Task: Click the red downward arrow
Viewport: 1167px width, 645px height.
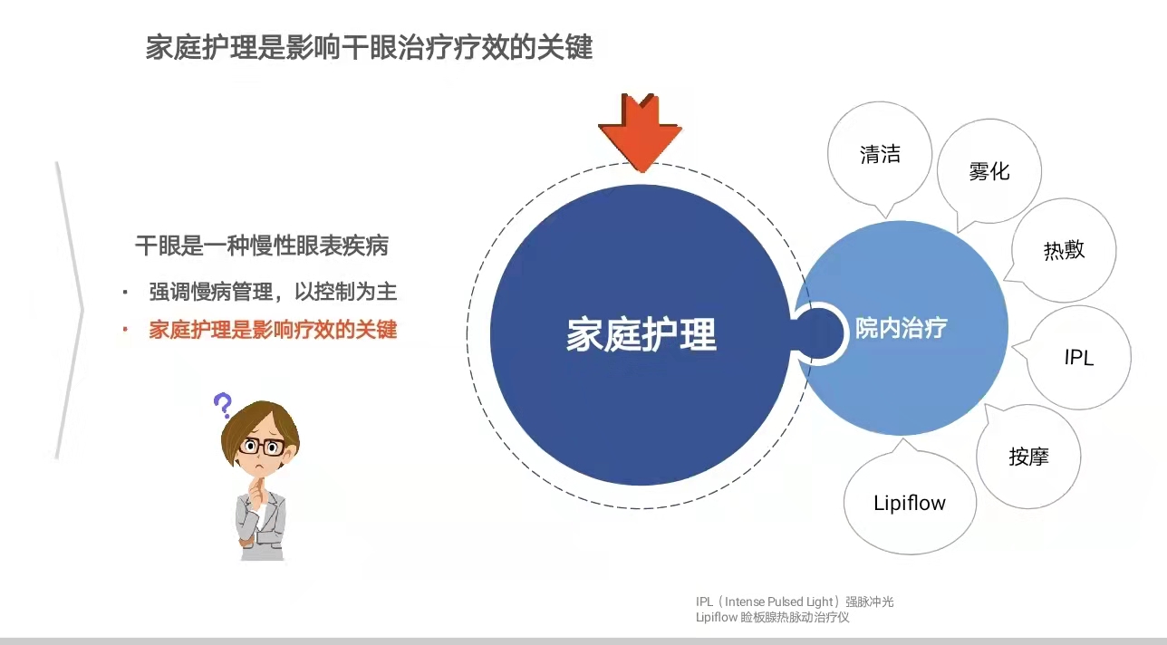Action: click(x=641, y=133)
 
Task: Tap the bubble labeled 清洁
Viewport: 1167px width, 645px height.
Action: click(x=880, y=154)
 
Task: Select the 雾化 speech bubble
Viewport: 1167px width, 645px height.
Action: click(x=989, y=172)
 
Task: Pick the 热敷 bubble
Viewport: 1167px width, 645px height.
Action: click(x=1064, y=250)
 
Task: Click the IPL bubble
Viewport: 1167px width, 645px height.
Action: click(x=1078, y=358)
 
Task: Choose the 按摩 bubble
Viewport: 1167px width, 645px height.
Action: click(x=1028, y=457)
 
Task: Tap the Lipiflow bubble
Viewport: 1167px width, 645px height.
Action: click(x=910, y=502)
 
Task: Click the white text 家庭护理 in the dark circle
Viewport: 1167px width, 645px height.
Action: click(x=641, y=334)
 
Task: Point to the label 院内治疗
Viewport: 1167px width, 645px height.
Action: click(x=901, y=328)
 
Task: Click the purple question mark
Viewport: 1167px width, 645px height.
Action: click(x=223, y=405)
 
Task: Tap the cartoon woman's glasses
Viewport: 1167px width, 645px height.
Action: click(x=262, y=447)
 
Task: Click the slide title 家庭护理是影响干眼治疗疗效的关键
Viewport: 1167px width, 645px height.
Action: click(x=369, y=47)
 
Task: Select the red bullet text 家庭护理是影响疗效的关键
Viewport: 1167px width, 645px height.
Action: click(x=273, y=330)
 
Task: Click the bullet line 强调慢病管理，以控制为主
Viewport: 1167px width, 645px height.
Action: click(x=273, y=292)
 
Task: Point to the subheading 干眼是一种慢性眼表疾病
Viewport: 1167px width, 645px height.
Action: click(x=262, y=245)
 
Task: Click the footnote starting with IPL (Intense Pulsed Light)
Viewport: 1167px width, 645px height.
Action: click(x=795, y=602)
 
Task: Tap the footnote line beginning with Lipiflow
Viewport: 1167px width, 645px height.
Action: click(x=773, y=618)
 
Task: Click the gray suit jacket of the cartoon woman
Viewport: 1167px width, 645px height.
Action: click(x=261, y=524)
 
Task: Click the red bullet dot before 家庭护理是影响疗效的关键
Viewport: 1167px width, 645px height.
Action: click(x=125, y=329)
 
